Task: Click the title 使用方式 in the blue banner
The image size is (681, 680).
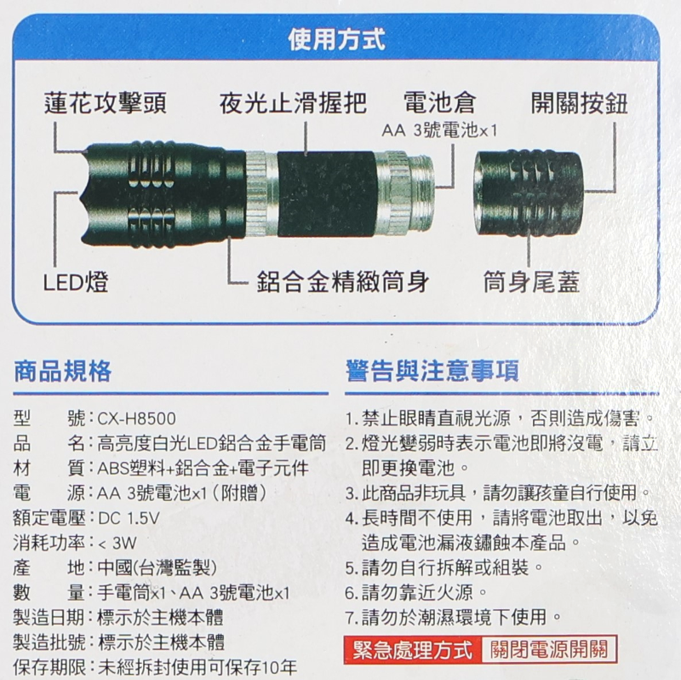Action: [336, 39]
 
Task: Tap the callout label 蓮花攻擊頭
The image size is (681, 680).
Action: [106, 103]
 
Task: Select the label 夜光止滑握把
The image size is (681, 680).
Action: [293, 103]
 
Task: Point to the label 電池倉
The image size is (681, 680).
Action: [439, 103]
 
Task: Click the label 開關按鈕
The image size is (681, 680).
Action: [580, 103]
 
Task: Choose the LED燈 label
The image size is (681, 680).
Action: [76, 282]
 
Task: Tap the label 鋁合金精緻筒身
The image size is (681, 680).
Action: [343, 282]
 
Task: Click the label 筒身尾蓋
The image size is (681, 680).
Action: [531, 282]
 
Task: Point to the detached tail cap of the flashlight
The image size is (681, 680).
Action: [528, 193]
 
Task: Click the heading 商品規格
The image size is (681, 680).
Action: [63, 371]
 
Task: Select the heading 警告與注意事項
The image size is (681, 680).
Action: [432, 371]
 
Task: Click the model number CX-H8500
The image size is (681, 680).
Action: [137, 418]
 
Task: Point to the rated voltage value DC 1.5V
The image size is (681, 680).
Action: [129, 518]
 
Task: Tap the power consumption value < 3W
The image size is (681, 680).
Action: [117, 543]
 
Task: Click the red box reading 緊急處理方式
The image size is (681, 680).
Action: [413, 650]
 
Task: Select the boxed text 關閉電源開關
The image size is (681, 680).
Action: [549, 650]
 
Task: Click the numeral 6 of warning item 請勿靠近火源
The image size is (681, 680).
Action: [351, 592]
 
